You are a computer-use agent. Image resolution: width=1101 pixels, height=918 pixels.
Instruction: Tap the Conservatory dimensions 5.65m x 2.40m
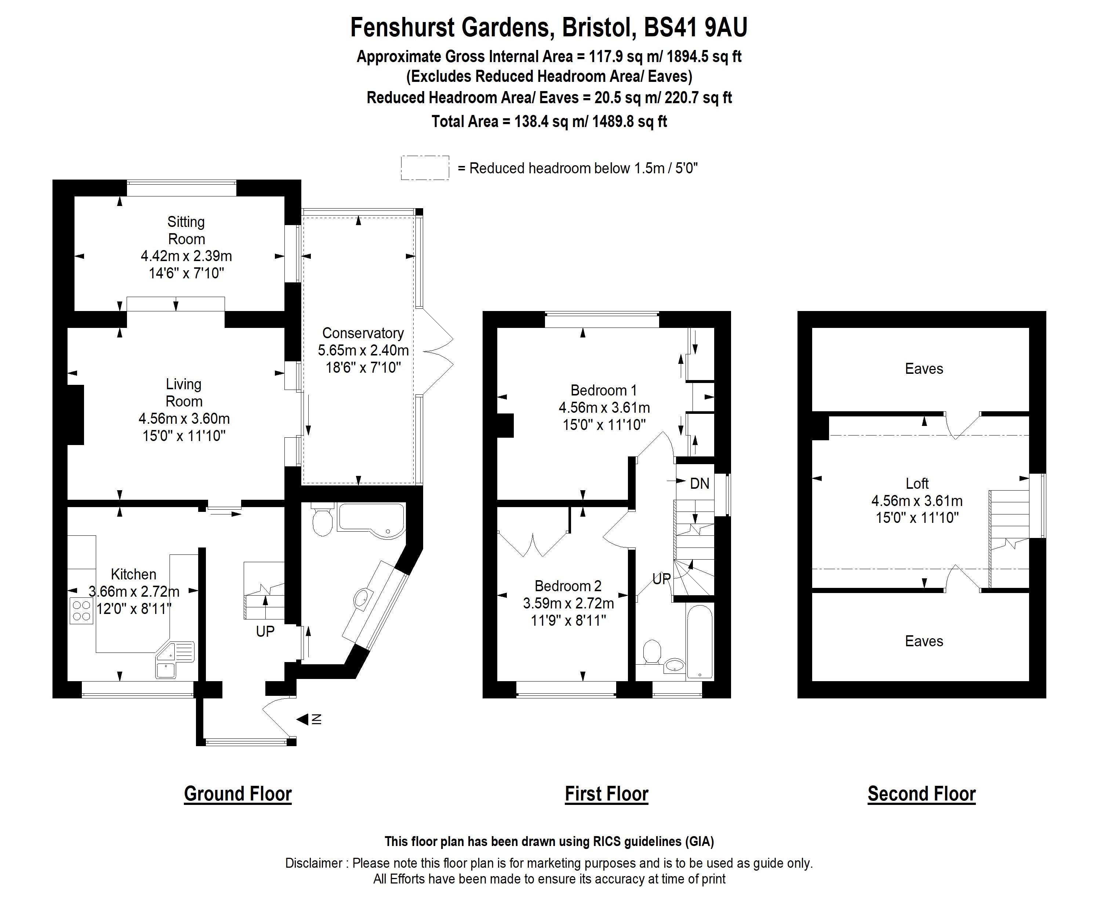pos(363,350)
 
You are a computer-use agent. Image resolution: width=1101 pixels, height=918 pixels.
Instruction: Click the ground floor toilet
pos(322,521)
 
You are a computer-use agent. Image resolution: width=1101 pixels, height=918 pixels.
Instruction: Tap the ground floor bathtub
pos(371,518)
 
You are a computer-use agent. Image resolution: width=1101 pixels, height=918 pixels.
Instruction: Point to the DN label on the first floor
pos(700,484)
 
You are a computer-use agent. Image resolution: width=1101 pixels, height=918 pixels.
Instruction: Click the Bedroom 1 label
pos(603,390)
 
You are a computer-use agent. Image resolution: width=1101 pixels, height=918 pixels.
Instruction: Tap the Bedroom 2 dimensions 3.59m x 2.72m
pos(568,603)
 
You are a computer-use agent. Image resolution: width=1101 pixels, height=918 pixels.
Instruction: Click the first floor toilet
pos(652,653)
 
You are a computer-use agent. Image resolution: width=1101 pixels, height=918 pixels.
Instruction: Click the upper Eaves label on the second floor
pos(924,369)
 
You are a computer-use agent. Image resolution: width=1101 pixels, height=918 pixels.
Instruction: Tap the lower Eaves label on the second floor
pos(924,641)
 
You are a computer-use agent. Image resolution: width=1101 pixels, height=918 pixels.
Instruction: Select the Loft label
pos(917,483)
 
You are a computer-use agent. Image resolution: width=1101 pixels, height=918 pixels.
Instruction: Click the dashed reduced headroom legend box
pos(425,168)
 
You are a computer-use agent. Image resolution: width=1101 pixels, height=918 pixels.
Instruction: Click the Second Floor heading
pos(921,794)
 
